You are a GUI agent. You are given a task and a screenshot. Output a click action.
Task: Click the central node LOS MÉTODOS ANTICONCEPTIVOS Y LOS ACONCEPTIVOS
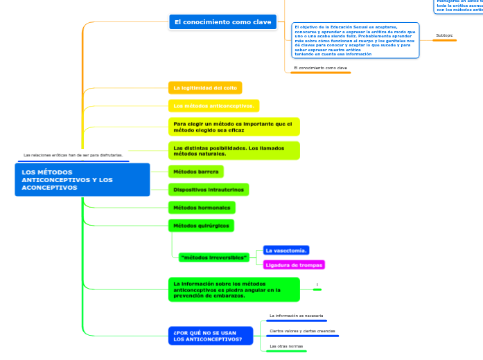(82, 180)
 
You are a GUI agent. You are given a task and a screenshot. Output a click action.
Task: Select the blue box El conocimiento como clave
(222, 22)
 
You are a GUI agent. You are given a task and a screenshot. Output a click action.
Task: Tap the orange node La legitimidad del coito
(205, 88)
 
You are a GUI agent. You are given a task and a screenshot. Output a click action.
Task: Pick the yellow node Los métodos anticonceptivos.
(213, 106)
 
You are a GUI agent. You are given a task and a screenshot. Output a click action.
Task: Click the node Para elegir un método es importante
(234, 127)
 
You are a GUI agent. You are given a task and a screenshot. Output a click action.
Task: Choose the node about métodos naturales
(234, 151)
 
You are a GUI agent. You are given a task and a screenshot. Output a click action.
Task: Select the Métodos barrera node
(196, 171)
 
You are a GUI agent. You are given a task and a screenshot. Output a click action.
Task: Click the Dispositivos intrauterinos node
(209, 190)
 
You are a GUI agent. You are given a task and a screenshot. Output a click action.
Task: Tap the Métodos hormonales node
(202, 208)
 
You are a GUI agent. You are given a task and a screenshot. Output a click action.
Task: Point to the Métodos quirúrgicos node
(201, 226)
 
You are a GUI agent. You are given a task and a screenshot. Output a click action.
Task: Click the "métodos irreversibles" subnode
(213, 257)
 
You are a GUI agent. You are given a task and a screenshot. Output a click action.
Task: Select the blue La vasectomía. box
(286, 250)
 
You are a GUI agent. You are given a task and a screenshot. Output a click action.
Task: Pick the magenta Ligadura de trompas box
(294, 265)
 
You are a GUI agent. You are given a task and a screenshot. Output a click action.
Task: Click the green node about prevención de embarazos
(234, 289)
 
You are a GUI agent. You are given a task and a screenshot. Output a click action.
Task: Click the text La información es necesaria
(296, 316)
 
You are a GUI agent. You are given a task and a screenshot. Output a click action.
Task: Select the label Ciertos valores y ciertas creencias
(301, 331)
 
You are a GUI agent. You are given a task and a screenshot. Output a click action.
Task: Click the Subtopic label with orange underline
(444, 35)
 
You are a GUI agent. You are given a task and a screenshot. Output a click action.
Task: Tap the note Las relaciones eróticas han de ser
(73, 156)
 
